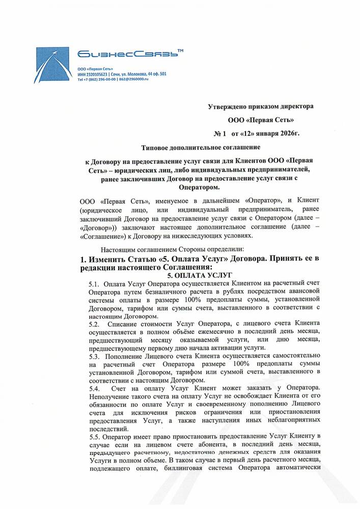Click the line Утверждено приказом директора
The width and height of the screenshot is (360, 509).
pos(261,106)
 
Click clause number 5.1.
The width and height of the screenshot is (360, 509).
pos(94,284)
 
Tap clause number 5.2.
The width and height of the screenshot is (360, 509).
pos(94,324)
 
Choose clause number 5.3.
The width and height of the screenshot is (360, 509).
pos(94,356)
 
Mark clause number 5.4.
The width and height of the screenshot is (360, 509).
pos(94,389)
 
